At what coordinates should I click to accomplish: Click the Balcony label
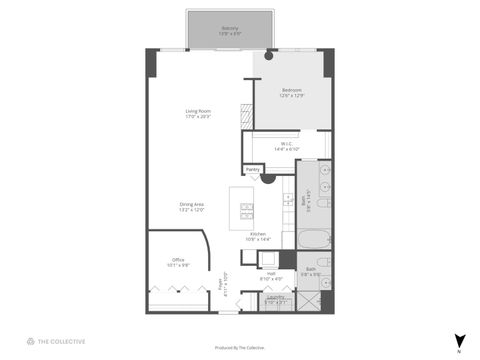pyautogui.click(x=229, y=28)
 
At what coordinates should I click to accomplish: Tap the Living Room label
pyautogui.click(x=196, y=110)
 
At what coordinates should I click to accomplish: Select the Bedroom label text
pyautogui.click(x=292, y=89)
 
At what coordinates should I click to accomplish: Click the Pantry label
pyautogui.click(x=252, y=170)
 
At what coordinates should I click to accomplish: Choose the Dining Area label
pyautogui.click(x=192, y=204)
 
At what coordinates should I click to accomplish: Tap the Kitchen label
pyautogui.click(x=257, y=233)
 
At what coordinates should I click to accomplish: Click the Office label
pyautogui.click(x=178, y=260)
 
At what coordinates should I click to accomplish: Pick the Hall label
pyautogui.click(x=270, y=274)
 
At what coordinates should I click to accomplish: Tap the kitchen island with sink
pyautogui.click(x=242, y=207)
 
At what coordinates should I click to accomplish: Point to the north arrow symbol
pyautogui.click(x=459, y=340)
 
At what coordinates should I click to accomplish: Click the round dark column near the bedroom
pyautogui.click(x=268, y=55)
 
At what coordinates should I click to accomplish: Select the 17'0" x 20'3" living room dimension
pyautogui.click(x=196, y=117)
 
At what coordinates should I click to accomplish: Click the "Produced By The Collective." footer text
pyautogui.click(x=239, y=346)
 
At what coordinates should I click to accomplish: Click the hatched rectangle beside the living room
pyautogui.click(x=246, y=114)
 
